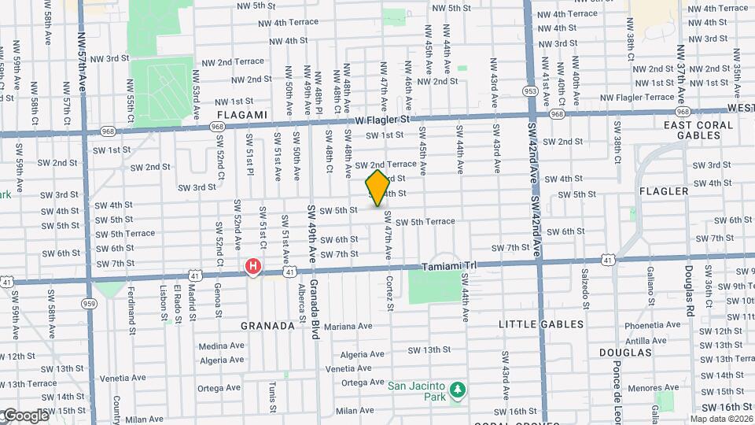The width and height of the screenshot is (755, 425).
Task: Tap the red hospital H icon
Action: [253, 267]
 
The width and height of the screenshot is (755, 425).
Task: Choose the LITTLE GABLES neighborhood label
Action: [542, 324]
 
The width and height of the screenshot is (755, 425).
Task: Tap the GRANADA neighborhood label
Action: [267, 325]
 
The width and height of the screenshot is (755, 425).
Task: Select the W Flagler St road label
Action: [383, 120]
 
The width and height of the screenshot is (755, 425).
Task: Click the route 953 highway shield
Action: [530, 91]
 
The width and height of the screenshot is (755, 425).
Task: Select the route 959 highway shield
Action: [89, 301]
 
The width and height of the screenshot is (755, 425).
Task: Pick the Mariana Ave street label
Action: [347, 326]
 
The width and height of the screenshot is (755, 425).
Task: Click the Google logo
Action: [25, 416]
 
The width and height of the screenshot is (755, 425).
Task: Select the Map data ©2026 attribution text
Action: [721, 419]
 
